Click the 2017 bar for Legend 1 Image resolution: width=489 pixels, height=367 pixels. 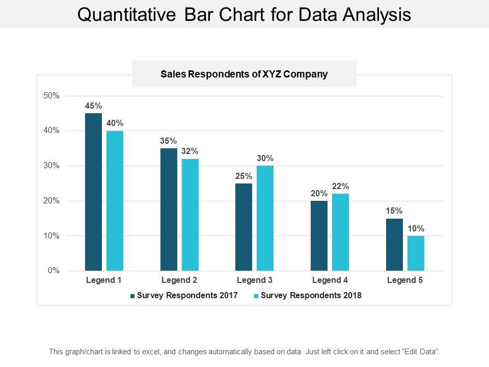93,192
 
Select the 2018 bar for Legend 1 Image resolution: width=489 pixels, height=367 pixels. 115,201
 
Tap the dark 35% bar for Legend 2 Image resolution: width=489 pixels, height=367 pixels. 169,209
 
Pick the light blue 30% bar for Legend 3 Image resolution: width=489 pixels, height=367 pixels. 265,218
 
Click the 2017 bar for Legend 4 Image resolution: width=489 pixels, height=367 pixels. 319,235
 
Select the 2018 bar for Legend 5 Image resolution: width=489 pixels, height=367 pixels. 416,253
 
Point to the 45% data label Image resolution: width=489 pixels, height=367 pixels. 93,106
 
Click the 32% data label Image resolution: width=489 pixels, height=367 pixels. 190,151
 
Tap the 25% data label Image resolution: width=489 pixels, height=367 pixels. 243,176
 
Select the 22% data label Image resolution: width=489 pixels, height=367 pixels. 340,187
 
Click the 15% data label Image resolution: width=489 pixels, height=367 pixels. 394,211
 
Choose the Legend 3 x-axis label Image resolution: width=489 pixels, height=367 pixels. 254,280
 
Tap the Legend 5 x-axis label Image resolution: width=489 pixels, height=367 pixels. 405,280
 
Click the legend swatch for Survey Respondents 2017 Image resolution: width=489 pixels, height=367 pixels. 133,296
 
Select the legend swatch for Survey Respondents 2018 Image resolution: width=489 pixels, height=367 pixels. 256,296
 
